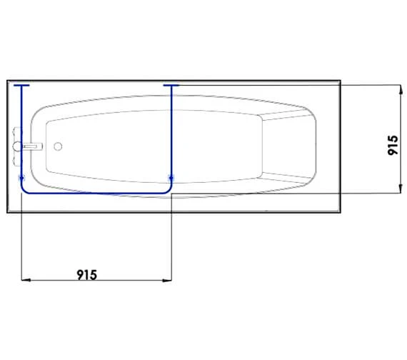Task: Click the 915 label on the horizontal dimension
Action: pyautogui.click(x=87, y=275)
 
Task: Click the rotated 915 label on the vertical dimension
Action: pyautogui.click(x=393, y=145)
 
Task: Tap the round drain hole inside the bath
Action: pyautogui.click(x=58, y=146)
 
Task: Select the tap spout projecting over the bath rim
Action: pyautogui.click(x=33, y=146)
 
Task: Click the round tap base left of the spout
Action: pyautogui.click(x=17, y=146)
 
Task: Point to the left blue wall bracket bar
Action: pyautogui.click(x=21, y=85)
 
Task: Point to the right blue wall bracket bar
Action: pyautogui.click(x=171, y=85)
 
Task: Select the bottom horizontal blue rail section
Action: pyautogui.click(x=96, y=193)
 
